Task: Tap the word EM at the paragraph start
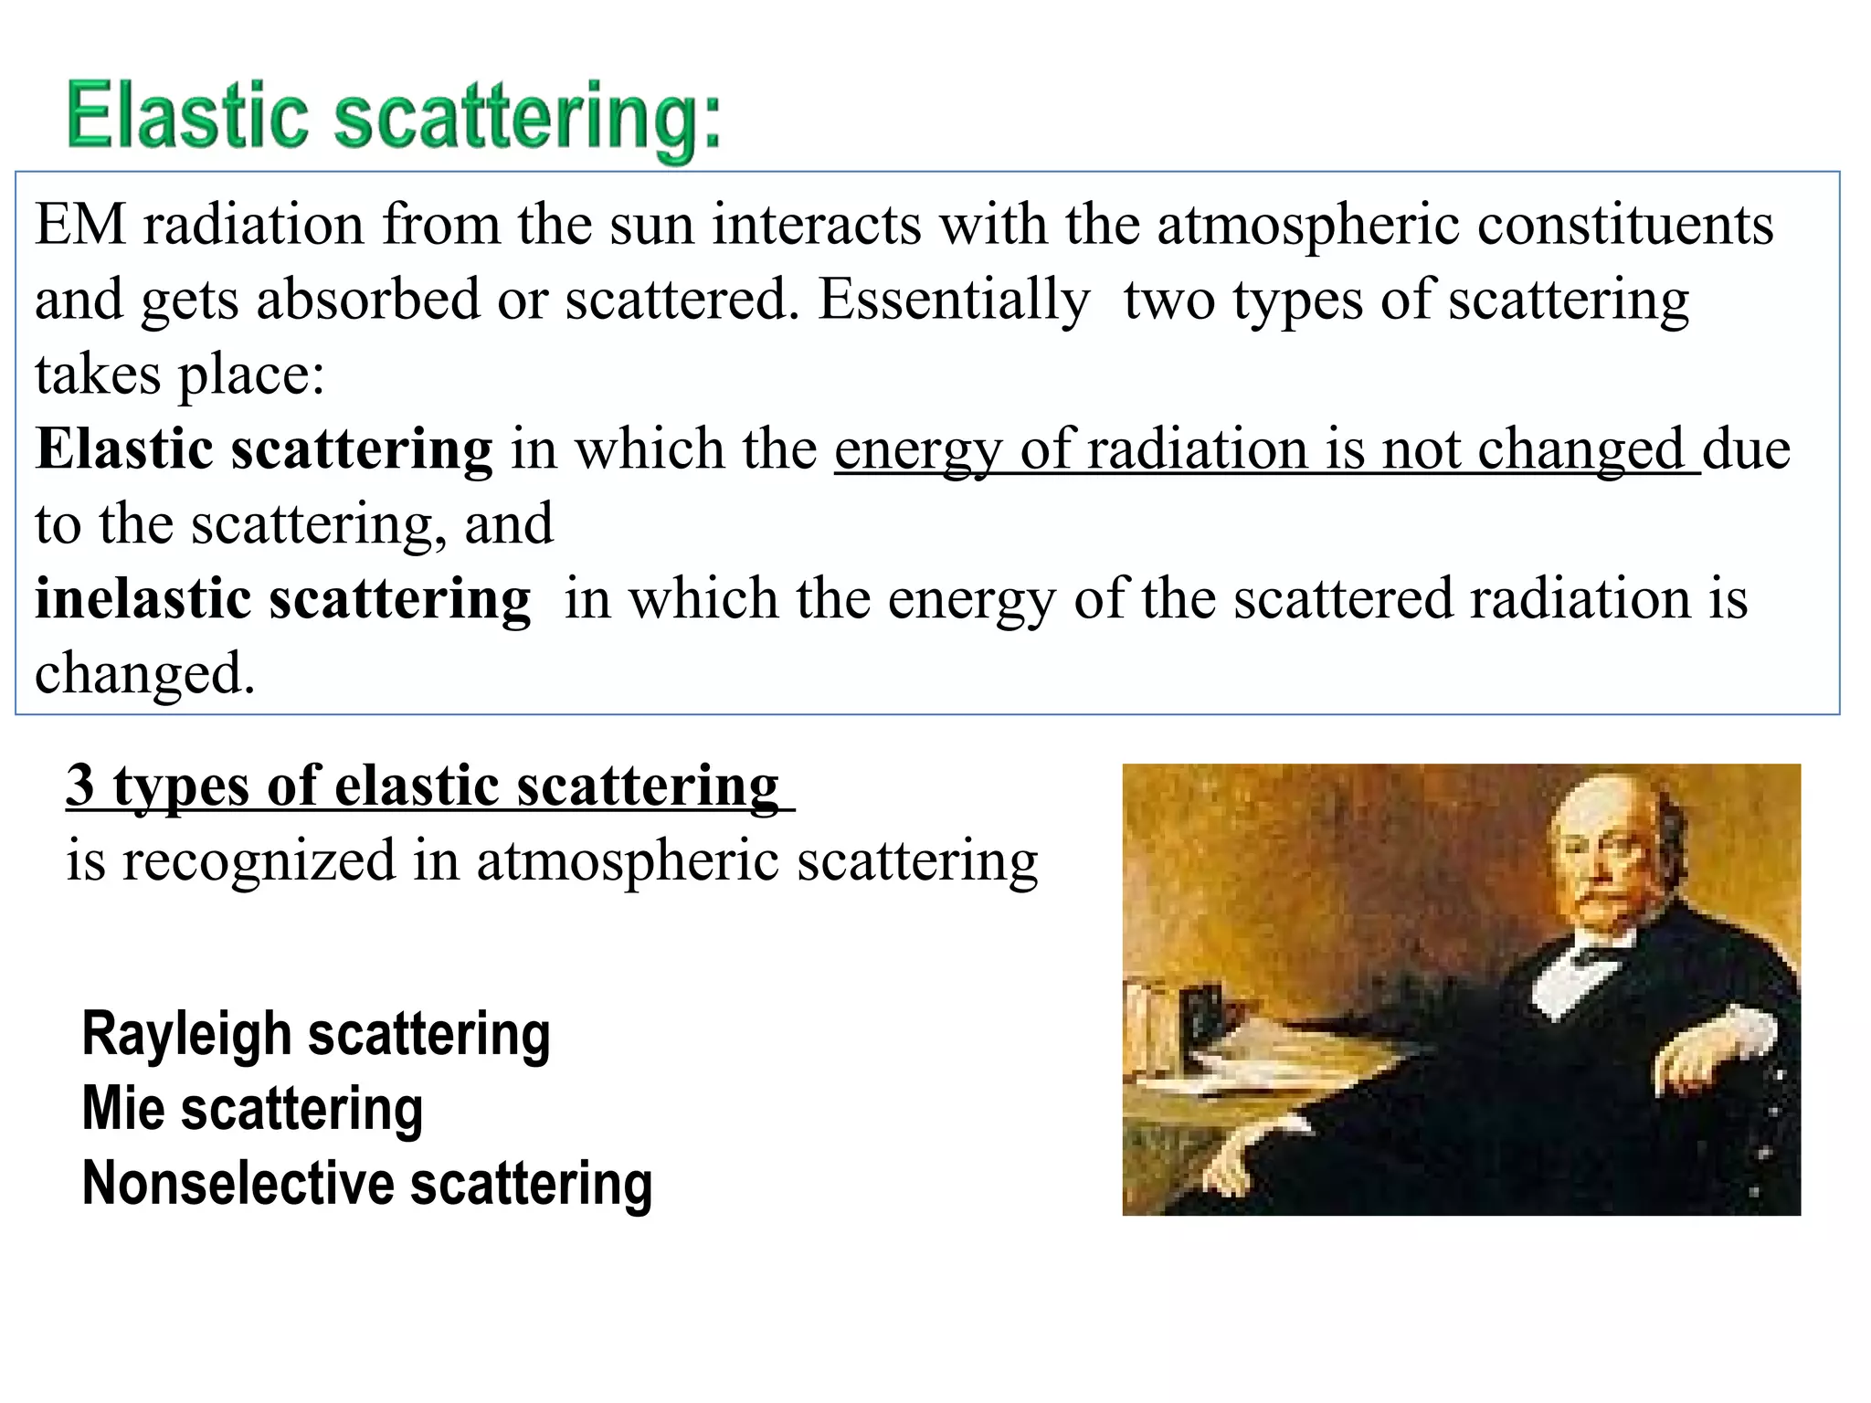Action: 79,225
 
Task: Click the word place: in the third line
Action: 250,375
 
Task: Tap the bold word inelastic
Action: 143,599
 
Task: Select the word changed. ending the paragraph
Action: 144,674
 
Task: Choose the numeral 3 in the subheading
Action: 80,785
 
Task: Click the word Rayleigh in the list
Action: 186,1035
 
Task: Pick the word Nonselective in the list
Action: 238,1184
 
